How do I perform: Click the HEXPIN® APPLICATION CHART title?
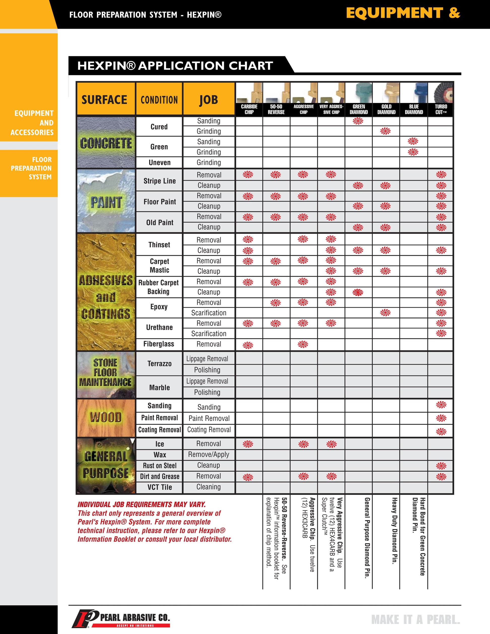pyautogui.click(x=175, y=66)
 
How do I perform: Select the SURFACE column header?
pyautogui.click(x=104, y=100)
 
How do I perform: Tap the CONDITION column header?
pyautogui.click(x=159, y=100)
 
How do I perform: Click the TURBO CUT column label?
pyautogui.click(x=441, y=109)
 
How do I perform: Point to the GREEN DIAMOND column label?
pyautogui.click(x=359, y=109)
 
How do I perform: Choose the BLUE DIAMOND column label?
pyautogui.click(x=414, y=109)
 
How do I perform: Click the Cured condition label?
pyautogui.click(x=159, y=127)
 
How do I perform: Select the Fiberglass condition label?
pyautogui.click(x=159, y=344)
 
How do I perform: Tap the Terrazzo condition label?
pyautogui.click(x=159, y=363)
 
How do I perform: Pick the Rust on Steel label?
pyautogui.click(x=160, y=466)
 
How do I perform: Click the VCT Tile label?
pyautogui.click(x=160, y=487)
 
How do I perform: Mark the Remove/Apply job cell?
pyautogui.click(x=208, y=454)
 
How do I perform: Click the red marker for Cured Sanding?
pyautogui.click(x=358, y=121)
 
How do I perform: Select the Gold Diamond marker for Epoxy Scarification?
pyautogui.click(x=386, y=313)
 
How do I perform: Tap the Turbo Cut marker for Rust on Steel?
pyautogui.click(x=441, y=466)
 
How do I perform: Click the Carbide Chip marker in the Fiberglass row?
pyautogui.click(x=248, y=345)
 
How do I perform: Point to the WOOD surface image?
pyautogui.click(x=106, y=418)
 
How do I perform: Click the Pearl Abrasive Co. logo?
pyautogui.click(x=121, y=619)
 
